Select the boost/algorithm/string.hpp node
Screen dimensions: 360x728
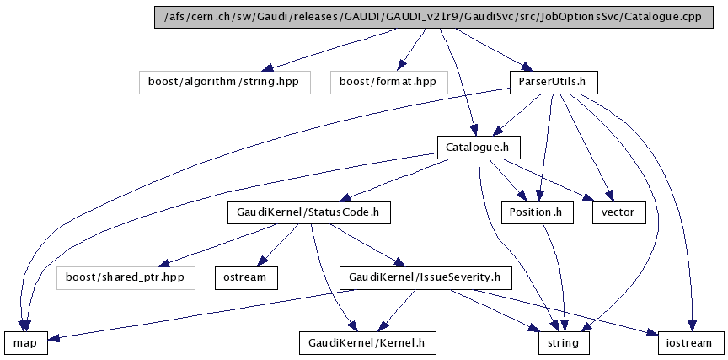point(224,82)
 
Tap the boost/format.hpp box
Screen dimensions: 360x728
point(388,82)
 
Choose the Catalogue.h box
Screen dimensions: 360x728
point(478,148)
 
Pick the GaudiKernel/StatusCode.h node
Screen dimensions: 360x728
point(308,212)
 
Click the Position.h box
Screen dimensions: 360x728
point(536,212)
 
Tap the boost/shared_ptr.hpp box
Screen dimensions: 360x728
point(126,277)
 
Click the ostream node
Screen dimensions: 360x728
point(245,277)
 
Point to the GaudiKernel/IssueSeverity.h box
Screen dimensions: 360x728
point(425,277)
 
